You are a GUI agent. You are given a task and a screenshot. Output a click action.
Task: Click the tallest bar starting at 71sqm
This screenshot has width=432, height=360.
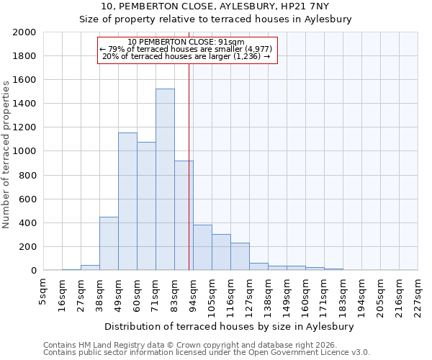pos(165,179)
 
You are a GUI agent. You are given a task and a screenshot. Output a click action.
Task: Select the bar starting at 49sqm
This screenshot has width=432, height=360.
pos(127,202)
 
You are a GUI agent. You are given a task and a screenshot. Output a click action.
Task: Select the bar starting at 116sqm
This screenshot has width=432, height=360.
pos(240,256)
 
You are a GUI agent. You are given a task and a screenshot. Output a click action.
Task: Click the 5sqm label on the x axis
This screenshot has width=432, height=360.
pos(43,291)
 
